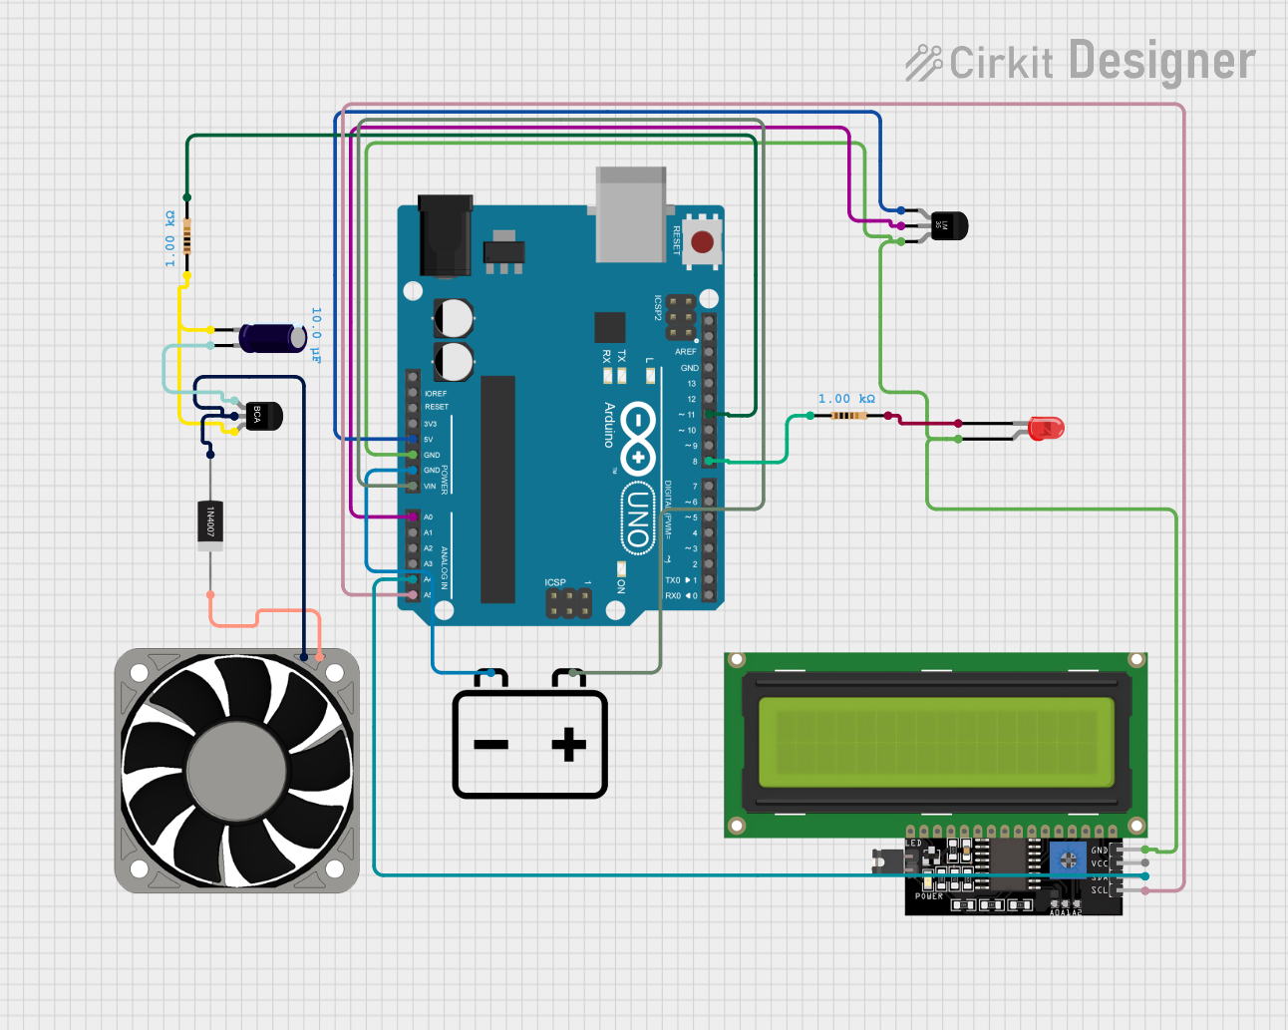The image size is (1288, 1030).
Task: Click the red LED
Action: (x=1046, y=429)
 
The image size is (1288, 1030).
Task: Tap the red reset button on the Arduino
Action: (x=702, y=241)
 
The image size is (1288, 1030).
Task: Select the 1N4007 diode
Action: (x=209, y=523)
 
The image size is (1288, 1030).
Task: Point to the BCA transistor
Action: (x=262, y=415)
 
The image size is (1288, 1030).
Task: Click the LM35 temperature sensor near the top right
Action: (x=948, y=226)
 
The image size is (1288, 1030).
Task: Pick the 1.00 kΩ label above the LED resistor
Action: (x=846, y=399)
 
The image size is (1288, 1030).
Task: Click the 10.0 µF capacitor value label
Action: (x=316, y=335)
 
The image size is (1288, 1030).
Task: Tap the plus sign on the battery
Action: (x=568, y=744)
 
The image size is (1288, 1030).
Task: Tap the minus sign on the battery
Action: (x=490, y=744)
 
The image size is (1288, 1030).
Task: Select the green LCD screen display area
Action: (x=935, y=742)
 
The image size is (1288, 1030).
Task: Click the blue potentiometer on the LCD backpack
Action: (x=1067, y=858)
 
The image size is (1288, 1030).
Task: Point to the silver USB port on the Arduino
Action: (x=630, y=214)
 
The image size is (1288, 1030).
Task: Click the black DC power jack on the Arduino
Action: (x=445, y=235)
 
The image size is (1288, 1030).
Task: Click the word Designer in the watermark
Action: (x=1161, y=61)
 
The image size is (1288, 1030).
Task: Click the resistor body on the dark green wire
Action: (x=186, y=239)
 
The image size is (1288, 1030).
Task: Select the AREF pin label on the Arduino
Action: (x=686, y=352)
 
